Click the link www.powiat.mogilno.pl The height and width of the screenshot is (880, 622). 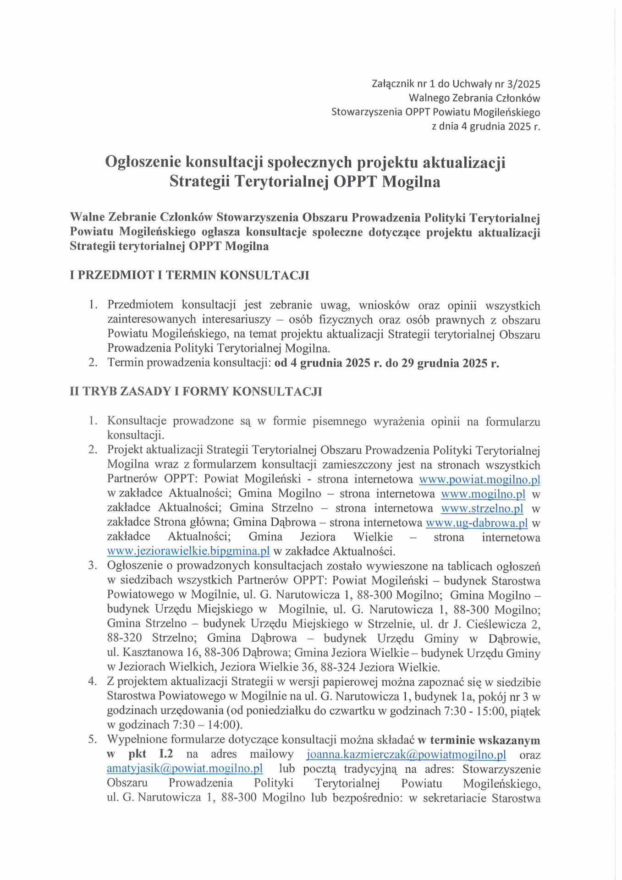tap(479, 479)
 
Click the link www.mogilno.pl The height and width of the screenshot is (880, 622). tap(483, 494)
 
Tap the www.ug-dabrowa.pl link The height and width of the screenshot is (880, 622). tap(476, 523)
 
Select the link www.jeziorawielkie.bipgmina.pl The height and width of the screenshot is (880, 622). tap(188, 551)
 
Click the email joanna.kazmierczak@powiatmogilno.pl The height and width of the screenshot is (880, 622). tap(406, 754)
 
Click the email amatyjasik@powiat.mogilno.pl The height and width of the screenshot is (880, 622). tap(185, 769)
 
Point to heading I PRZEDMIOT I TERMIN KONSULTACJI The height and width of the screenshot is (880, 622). tap(189, 275)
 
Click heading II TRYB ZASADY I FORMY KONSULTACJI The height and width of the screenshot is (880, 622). tap(196, 391)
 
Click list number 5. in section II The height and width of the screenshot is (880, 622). tap(93, 740)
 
